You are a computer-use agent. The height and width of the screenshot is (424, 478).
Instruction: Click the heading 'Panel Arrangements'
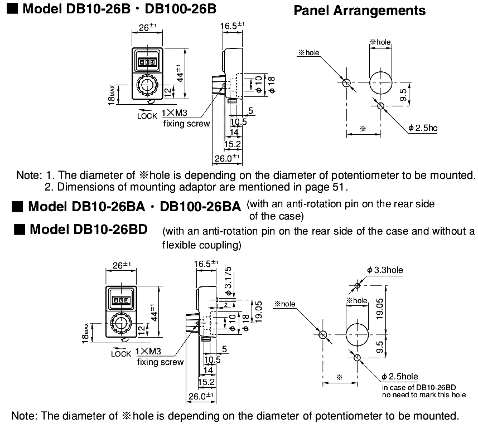tap(359, 11)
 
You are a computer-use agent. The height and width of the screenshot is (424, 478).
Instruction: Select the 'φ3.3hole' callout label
tap(385, 270)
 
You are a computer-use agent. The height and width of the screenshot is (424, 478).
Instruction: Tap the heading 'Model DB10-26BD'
tap(89, 230)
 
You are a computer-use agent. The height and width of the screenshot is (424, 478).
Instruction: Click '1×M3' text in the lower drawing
tap(148, 352)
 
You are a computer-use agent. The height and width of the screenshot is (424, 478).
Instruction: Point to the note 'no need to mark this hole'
tap(424, 395)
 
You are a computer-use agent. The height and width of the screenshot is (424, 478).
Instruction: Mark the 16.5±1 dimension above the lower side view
tap(206, 264)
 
